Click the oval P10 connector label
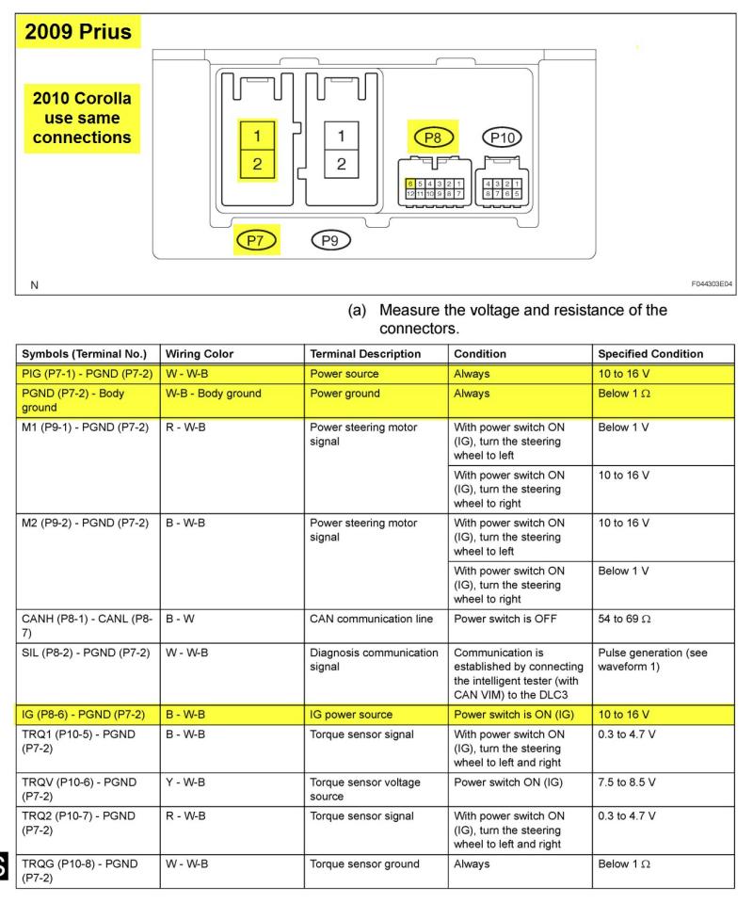click(500, 138)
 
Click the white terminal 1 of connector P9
click(340, 136)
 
